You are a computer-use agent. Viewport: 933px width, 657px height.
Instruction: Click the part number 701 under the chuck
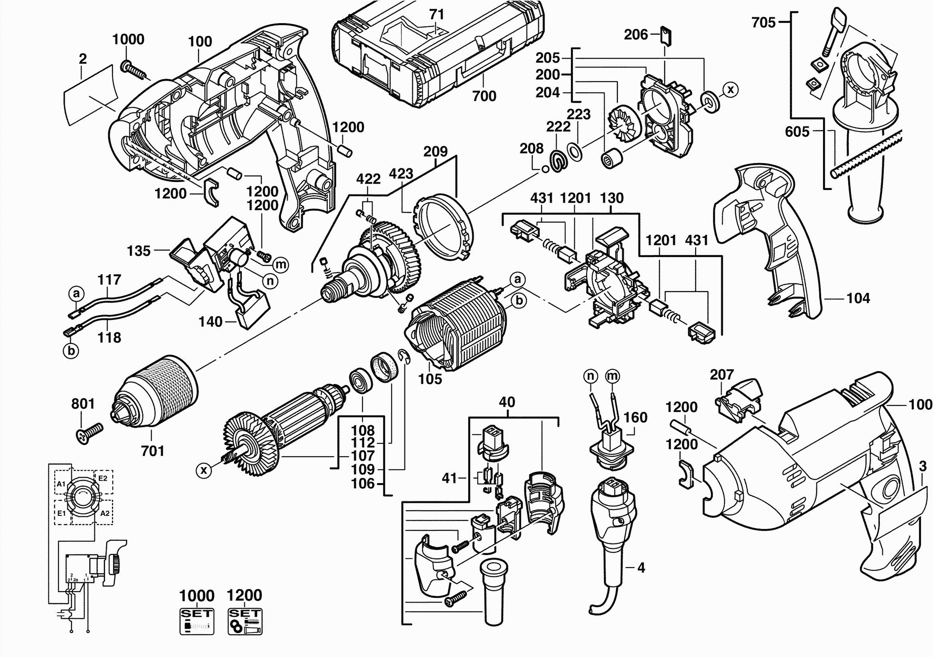(152, 451)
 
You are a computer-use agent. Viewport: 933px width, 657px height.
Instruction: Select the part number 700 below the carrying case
(484, 96)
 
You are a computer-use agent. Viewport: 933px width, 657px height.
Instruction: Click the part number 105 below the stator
(430, 379)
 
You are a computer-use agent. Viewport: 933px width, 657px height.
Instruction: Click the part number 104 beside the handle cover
(858, 298)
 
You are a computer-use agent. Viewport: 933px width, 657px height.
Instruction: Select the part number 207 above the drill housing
(722, 374)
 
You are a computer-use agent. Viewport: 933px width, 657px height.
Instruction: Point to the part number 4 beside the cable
(641, 568)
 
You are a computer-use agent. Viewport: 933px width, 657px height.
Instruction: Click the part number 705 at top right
(764, 23)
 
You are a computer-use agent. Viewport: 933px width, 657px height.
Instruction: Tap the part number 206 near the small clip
(636, 35)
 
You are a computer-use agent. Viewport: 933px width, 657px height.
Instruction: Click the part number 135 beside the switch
(139, 251)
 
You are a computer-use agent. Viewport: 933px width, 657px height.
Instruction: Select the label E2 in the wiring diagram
(103, 478)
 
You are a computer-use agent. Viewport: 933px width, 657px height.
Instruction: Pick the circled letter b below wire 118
(71, 350)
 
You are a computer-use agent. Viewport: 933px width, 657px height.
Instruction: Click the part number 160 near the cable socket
(636, 417)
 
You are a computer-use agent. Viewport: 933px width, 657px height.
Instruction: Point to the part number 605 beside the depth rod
(797, 132)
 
